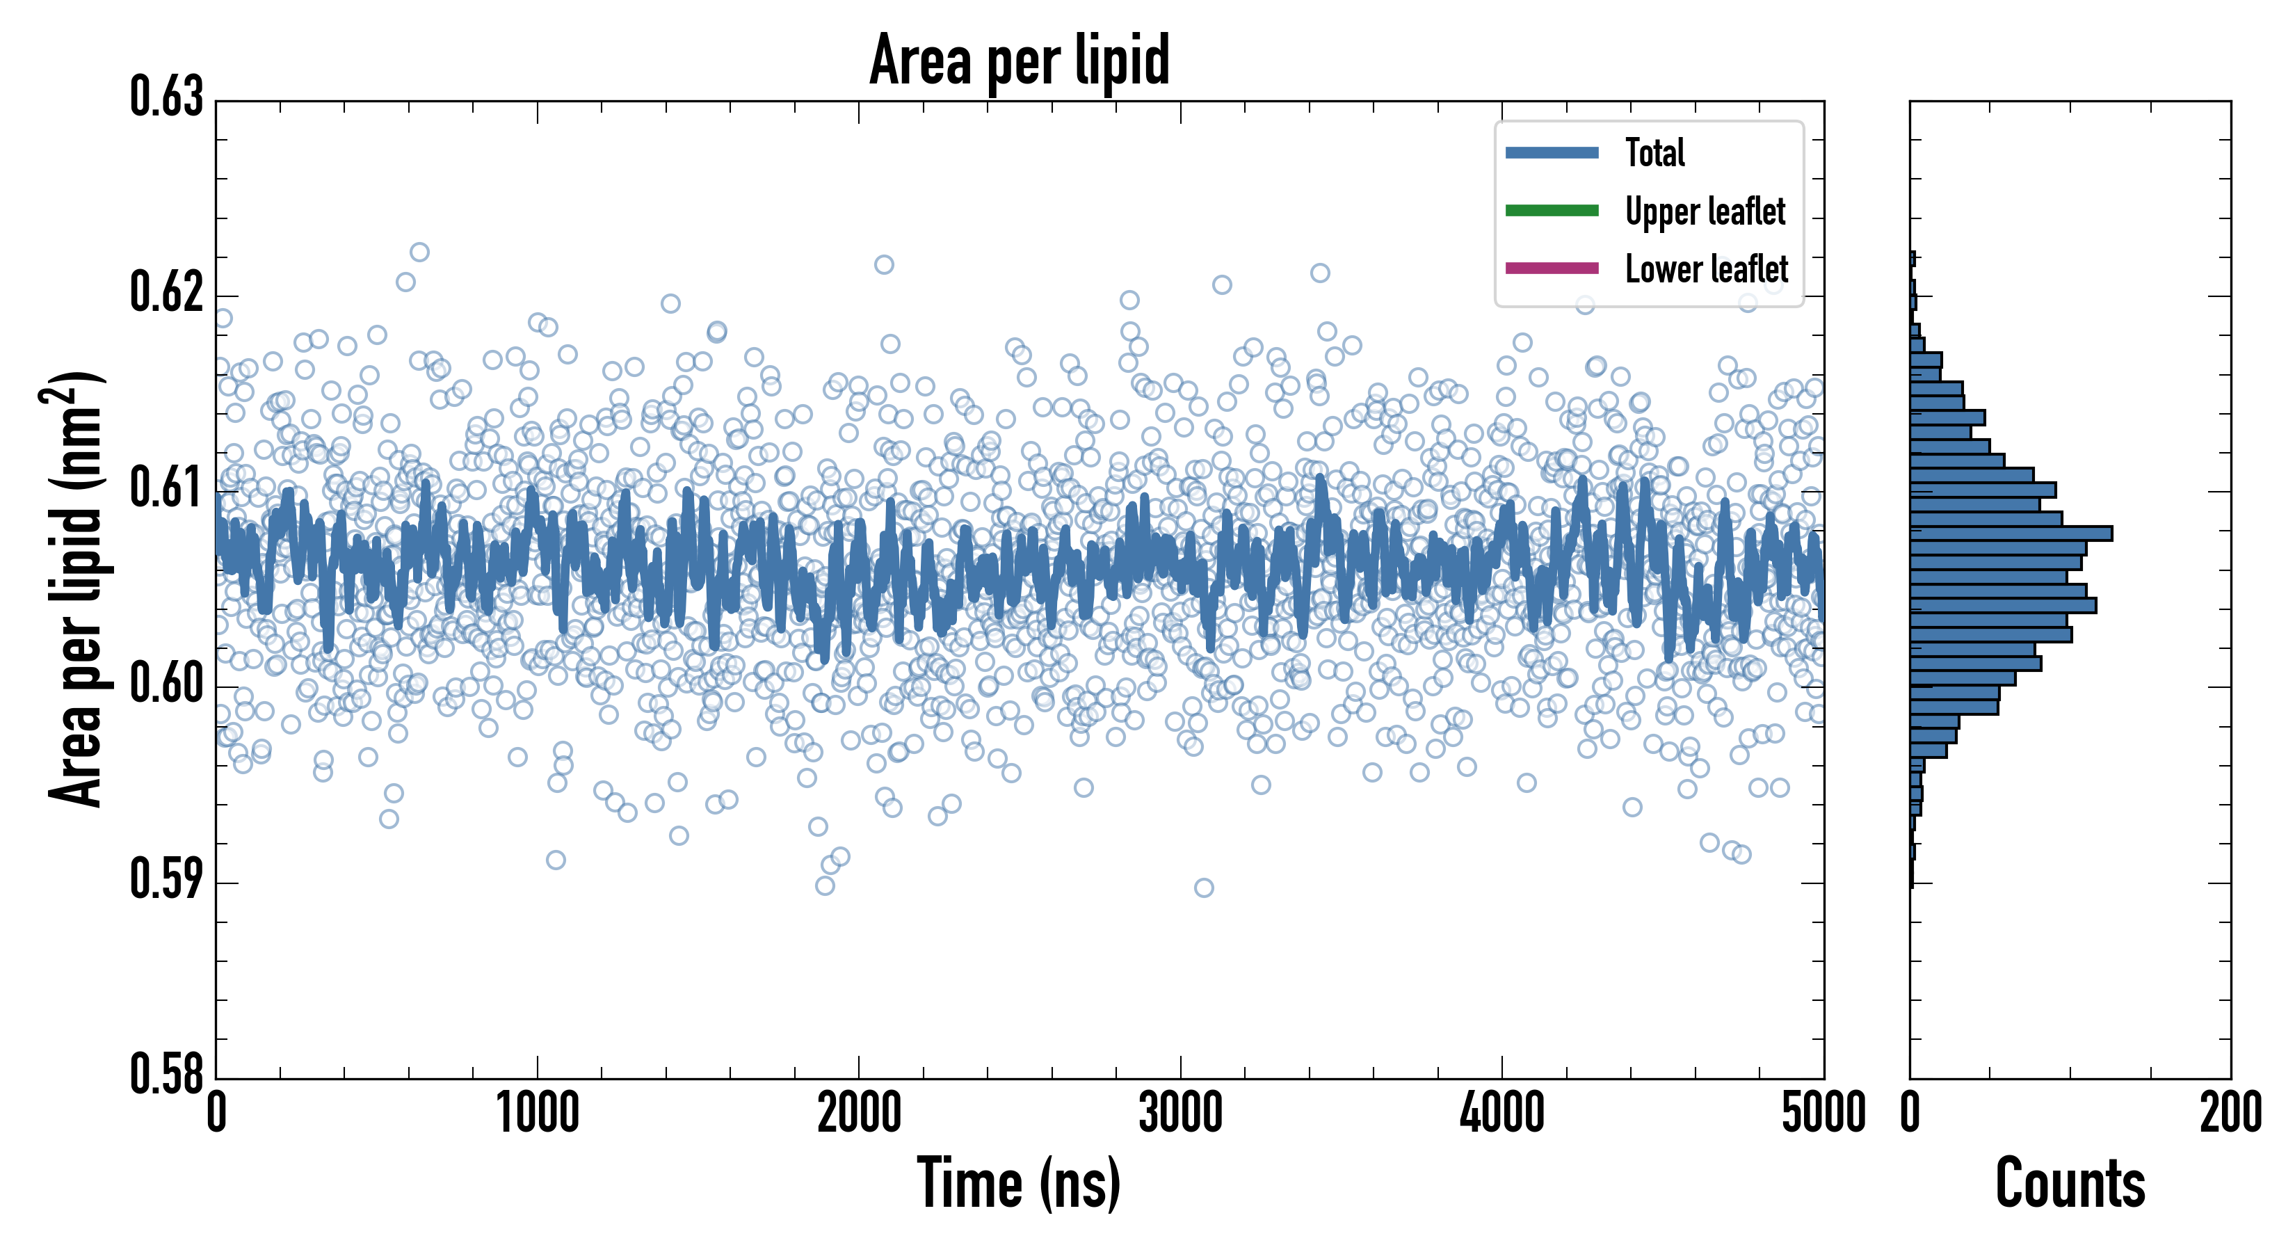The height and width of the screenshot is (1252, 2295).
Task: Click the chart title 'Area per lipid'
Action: click(x=1020, y=60)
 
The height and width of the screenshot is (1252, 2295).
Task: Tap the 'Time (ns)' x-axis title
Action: click(x=1020, y=1182)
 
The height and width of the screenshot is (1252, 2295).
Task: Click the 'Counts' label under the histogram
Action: click(x=2070, y=1182)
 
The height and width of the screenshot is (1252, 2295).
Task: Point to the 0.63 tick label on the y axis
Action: click(x=167, y=98)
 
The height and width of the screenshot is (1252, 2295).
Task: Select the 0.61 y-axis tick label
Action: click(x=167, y=489)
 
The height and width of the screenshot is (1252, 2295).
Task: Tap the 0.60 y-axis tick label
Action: click(x=167, y=684)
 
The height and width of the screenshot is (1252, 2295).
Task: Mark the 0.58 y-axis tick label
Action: click(x=167, y=1075)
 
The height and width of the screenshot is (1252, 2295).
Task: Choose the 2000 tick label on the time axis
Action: click(x=859, y=1113)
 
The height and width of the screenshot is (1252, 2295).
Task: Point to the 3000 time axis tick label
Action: click(x=1180, y=1113)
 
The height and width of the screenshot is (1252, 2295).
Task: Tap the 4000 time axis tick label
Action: click(x=1502, y=1113)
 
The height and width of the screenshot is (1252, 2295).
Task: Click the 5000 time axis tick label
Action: click(x=1823, y=1113)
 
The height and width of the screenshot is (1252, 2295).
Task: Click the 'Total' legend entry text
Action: click(x=1654, y=153)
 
